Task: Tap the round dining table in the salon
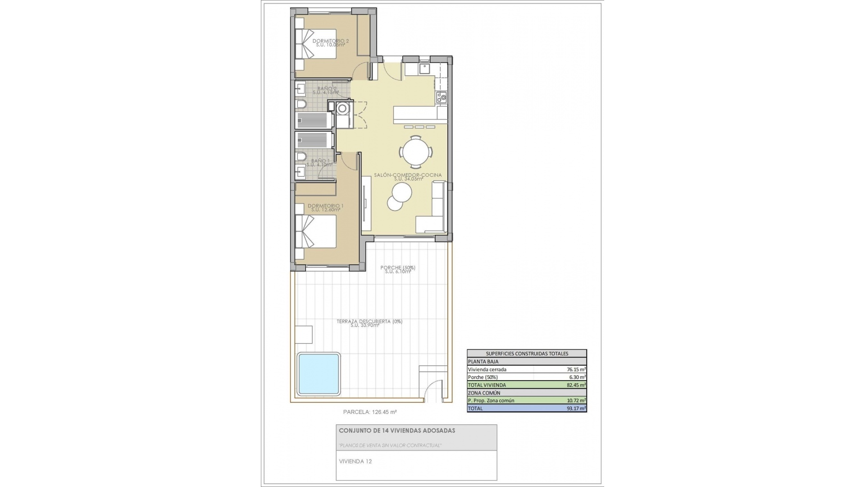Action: (x=417, y=152)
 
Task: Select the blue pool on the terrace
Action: (x=318, y=374)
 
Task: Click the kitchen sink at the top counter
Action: (x=424, y=69)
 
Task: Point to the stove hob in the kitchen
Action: (x=441, y=96)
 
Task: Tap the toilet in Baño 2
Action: (x=301, y=105)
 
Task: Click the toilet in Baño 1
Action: (x=301, y=156)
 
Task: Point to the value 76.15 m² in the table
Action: (x=576, y=369)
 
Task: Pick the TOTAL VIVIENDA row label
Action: (x=487, y=385)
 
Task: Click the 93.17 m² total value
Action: (x=576, y=409)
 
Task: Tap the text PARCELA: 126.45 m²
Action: (x=369, y=412)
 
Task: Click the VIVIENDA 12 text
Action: (x=355, y=461)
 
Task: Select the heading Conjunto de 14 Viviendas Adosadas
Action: (x=397, y=431)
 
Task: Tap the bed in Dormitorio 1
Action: (x=316, y=231)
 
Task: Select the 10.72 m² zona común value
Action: (x=576, y=400)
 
